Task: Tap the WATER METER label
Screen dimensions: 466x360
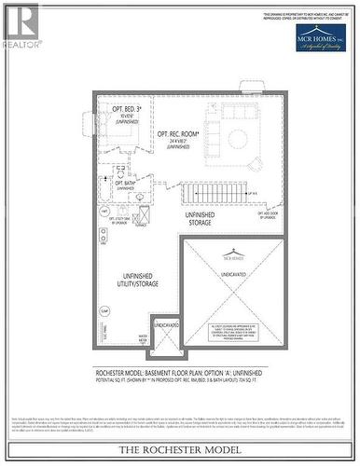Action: [x=145, y=339]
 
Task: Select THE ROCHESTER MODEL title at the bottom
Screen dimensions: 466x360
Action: [x=179, y=451]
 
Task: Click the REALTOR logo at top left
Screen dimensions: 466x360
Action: [x=21, y=25]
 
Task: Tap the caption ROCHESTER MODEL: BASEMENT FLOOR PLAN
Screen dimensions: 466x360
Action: [x=176, y=371]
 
